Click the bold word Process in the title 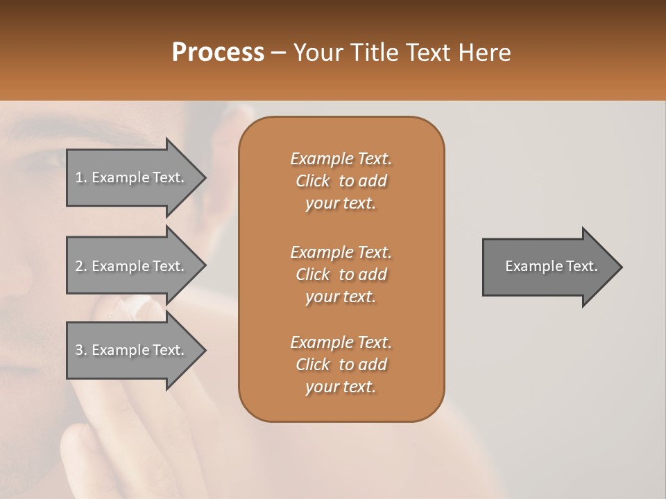click(218, 53)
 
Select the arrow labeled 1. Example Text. click(132, 177)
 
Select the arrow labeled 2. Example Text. click(132, 266)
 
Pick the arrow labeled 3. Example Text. click(132, 350)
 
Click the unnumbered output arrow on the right click(548, 266)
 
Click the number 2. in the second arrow click(80, 266)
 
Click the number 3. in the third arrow click(80, 350)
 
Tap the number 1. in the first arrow click(80, 177)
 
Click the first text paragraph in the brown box click(341, 181)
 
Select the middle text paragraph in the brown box click(341, 274)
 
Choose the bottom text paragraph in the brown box click(341, 365)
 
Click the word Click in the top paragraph click(312, 181)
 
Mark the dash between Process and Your click(279, 53)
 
